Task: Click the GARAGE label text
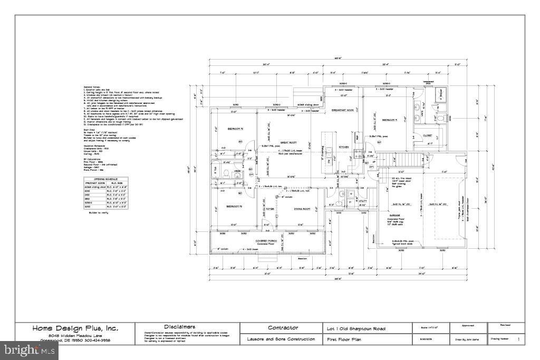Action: point(395,216)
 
